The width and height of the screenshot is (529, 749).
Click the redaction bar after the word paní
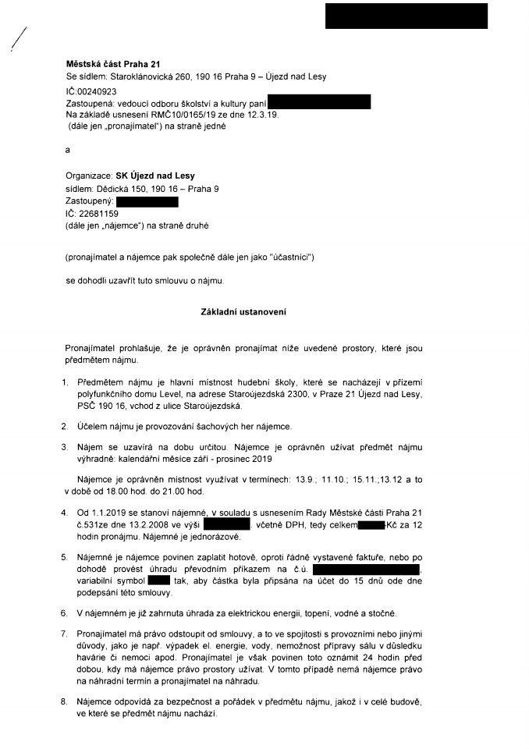[x=318, y=101]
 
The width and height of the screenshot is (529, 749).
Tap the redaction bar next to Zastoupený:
[x=147, y=201]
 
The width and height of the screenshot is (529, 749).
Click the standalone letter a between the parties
[x=68, y=151]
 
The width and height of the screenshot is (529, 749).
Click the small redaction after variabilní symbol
[x=158, y=580]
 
